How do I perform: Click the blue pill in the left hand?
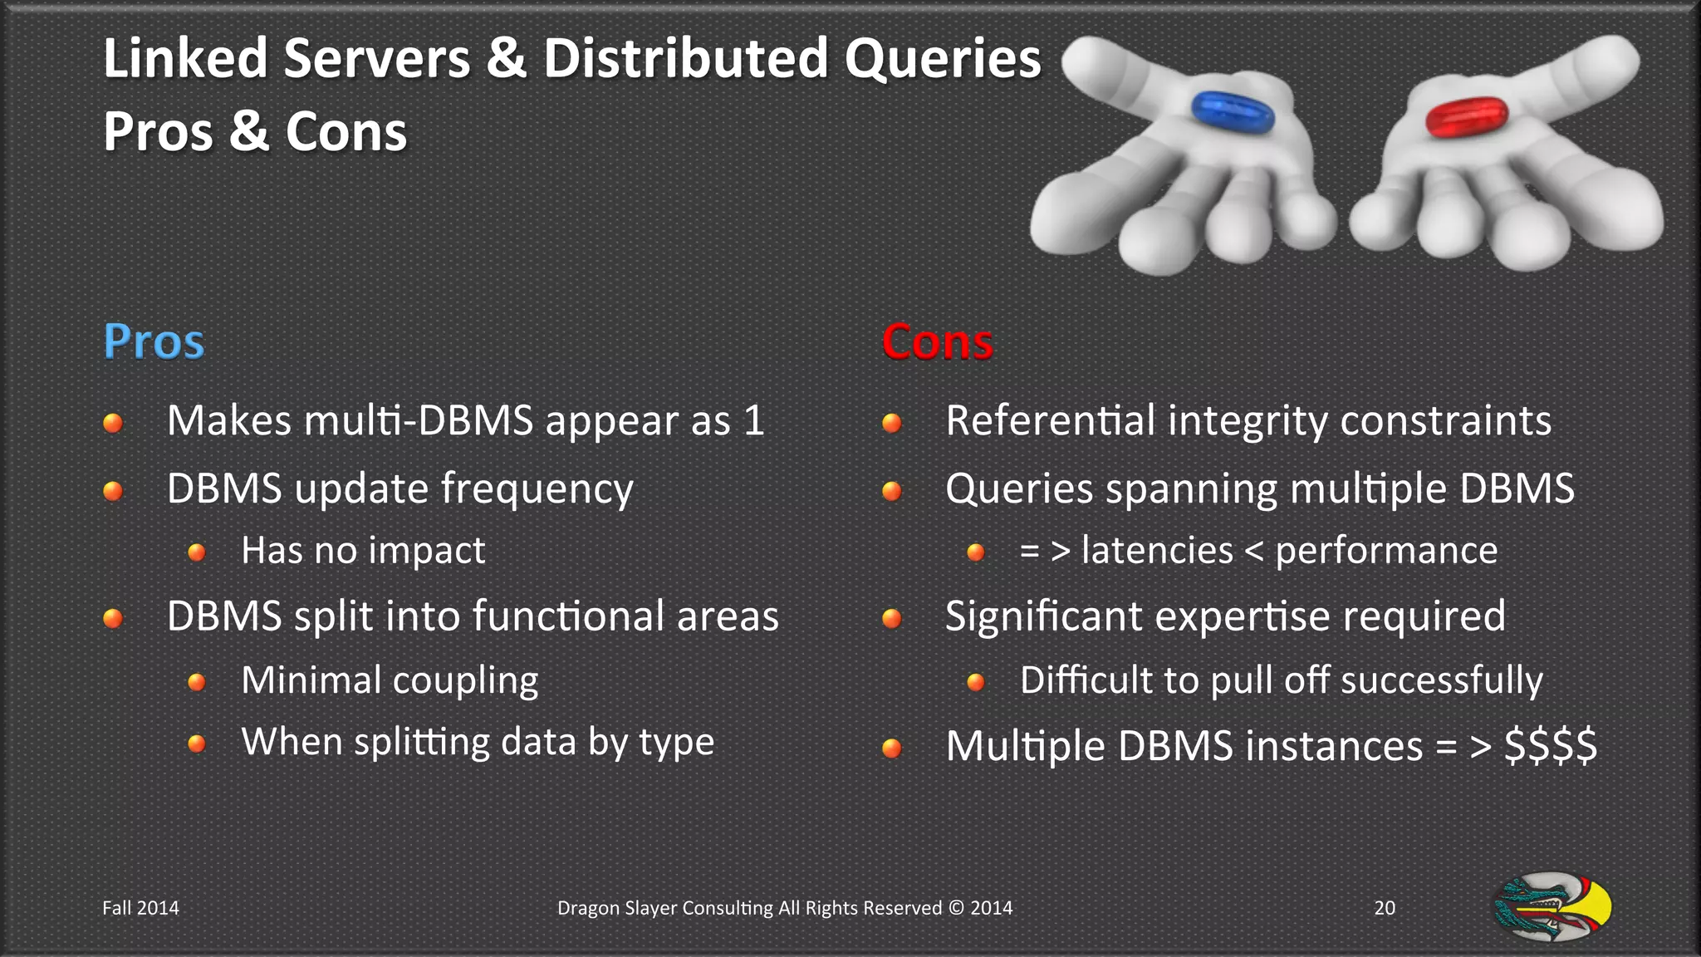point(1233,112)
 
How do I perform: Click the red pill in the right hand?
point(1467,116)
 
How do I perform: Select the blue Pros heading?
point(154,341)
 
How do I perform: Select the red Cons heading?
point(937,341)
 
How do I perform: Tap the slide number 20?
point(1385,908)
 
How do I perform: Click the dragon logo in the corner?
point(1552,906)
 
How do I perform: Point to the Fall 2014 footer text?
point(140,908)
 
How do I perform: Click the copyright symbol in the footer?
point(956,908)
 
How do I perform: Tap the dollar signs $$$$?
point(1551,745)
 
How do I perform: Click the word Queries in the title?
point(943,60)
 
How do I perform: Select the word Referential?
point(1050,420)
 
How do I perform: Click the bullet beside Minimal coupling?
point(197,682)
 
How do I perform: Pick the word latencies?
point(1157,551)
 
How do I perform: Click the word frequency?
point(537,489)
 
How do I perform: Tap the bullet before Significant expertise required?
point(891,618)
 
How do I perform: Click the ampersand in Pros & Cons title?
point(249,132)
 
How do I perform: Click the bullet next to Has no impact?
point(197,552)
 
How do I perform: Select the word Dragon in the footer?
point(587,908)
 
